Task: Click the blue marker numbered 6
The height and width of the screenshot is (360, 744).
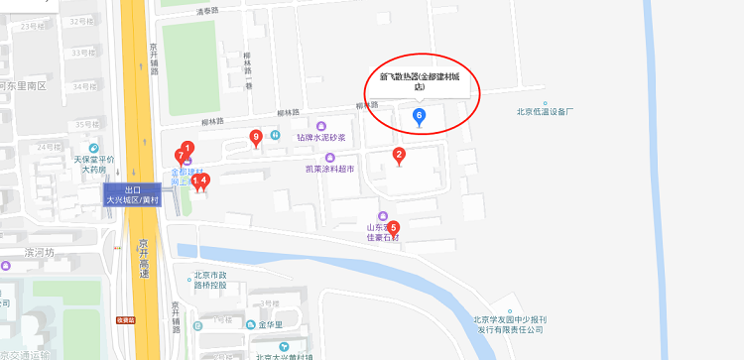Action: tap(419, 117)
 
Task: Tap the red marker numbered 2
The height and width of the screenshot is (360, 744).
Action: tap(399, 155)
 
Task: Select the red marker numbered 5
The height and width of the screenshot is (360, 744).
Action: tap(393, 227)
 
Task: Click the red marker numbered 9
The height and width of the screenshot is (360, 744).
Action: tap(257, 137)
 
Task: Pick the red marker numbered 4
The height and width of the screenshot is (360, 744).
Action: tap(204, 180)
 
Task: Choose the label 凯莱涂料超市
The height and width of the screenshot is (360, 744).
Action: tap(329, 169)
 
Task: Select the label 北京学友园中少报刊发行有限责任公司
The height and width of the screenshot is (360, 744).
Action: tap(509, 325)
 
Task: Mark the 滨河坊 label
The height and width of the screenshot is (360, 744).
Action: tap(43, 252)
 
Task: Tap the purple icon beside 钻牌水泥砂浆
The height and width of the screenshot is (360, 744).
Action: tap(319, 125)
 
